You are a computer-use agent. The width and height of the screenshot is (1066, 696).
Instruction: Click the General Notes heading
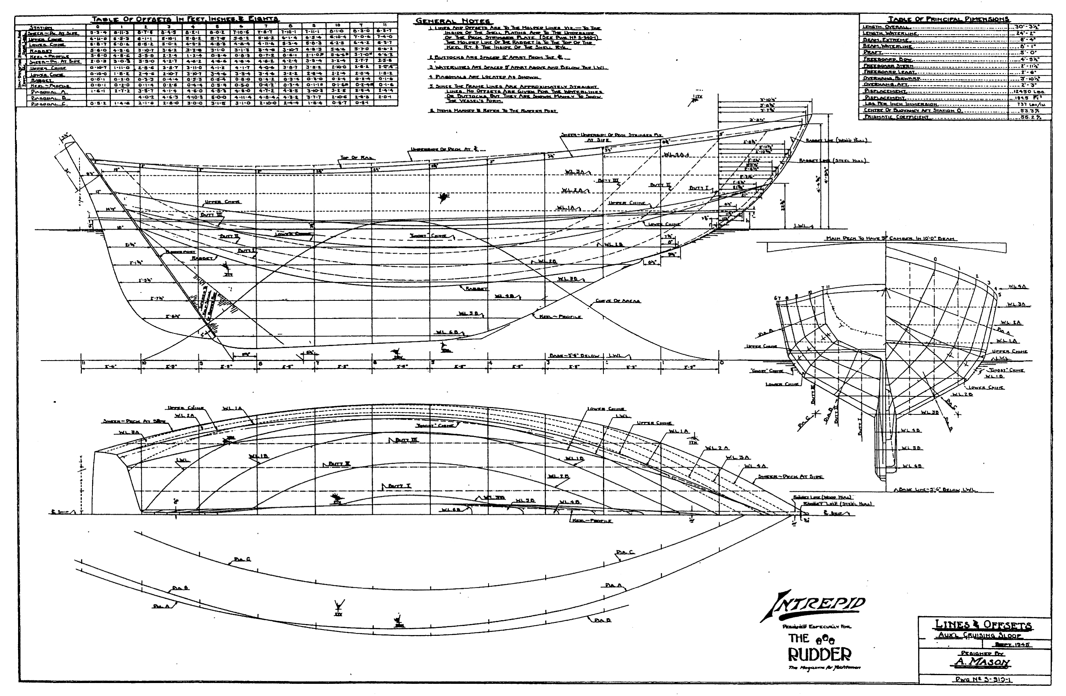tap(452, 22)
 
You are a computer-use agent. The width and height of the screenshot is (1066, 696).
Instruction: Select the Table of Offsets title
tap(184, 19)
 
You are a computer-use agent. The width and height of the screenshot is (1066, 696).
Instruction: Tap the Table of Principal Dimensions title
tap(949, 19)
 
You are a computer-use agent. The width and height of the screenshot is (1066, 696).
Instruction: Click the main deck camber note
tap(891, 239)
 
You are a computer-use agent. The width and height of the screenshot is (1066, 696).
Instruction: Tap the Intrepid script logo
tap(813, 605)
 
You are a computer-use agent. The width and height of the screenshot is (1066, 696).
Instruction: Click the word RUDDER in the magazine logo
tap(819, 655)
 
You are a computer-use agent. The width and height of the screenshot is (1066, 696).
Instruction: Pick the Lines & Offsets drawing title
tap(983, 625)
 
